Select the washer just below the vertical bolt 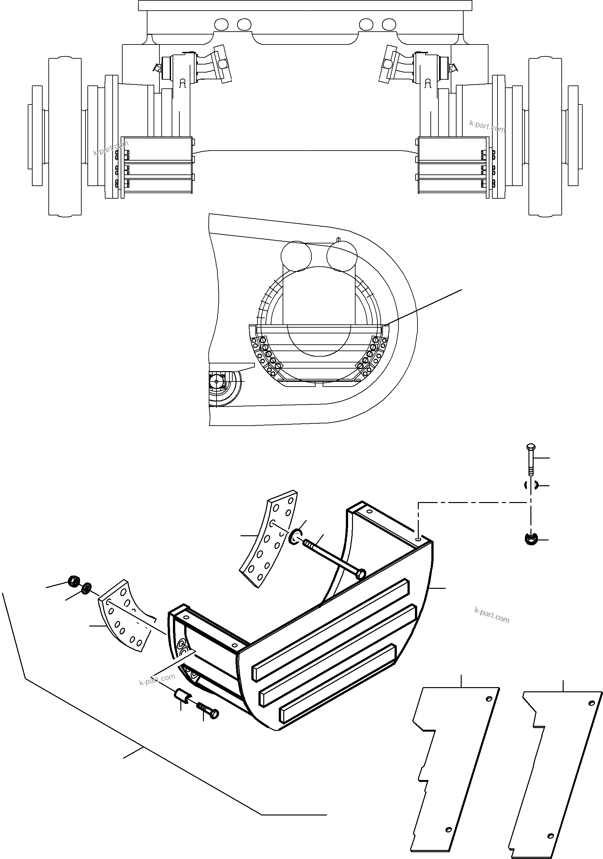click(x=530, y=486)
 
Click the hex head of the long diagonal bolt click(x=360, y=574)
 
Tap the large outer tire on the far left click(x=65, y=137)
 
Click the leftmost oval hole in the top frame click(x=221, y=25)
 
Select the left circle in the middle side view click(x=296, y=256)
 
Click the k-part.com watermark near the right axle click(x=487, y=126)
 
